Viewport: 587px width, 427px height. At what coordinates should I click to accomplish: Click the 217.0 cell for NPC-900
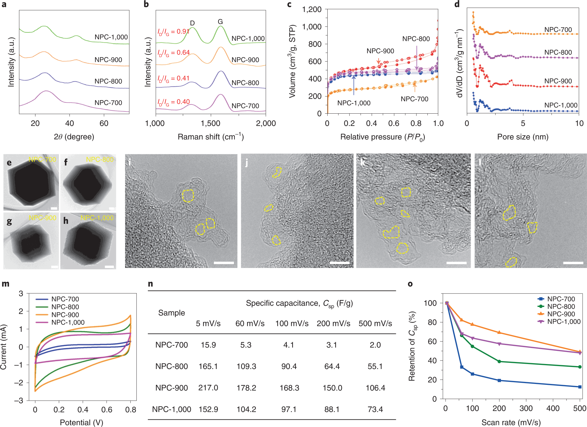[x=208, y=388]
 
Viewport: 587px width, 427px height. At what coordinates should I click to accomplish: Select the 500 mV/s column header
[x=375, y=323]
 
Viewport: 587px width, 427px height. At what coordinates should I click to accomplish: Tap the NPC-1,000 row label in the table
[x=172, y=409]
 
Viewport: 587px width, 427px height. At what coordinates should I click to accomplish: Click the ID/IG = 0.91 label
[x=173, y=32]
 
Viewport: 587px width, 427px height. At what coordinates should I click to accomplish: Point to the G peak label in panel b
[x=220, y=22]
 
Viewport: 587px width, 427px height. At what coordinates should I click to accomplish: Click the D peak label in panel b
[x=192, y=23]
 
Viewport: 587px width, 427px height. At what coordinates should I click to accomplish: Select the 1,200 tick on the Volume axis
[x=312, y=9]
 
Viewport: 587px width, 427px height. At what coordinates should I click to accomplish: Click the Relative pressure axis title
[x=382, y=137]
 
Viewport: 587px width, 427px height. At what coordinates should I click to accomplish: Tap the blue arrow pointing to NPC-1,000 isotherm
[x=354, y=85]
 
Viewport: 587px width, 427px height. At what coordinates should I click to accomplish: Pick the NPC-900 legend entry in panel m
[x=65, y=315]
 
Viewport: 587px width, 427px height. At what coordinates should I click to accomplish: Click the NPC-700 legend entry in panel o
[x=561, y=299]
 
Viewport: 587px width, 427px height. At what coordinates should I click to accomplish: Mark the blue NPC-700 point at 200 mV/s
[x=499, y=380]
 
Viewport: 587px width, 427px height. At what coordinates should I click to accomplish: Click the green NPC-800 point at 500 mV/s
[x=580, y=367]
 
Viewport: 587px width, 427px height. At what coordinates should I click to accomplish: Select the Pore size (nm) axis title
[x=523, y=137]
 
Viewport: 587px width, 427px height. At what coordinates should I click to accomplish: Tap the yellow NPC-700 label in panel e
[x=42, y=159]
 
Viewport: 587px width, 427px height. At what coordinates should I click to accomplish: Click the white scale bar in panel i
[x=224, y=263]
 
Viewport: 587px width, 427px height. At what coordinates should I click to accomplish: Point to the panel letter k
[x=363, y=162]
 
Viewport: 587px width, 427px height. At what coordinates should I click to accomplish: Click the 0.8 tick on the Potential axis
[x=131, y=409]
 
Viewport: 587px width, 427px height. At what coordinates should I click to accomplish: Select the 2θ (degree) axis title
[x=74, y=137]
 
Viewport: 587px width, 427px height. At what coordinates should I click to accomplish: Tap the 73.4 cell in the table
[x=375, y=409]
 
